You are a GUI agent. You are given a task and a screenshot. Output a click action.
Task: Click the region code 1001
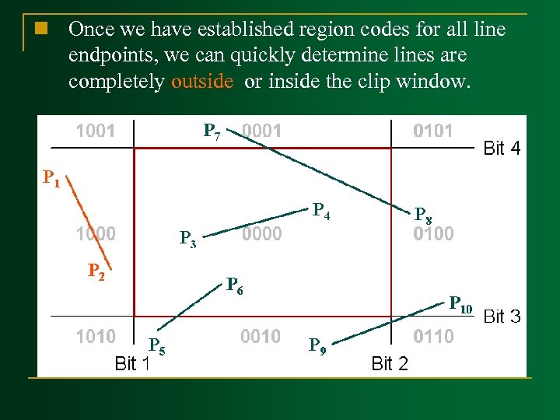click(95, 131)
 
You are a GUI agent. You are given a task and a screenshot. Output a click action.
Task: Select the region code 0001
click(261, 131)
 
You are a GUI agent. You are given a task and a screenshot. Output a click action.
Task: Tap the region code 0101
click(432, 131)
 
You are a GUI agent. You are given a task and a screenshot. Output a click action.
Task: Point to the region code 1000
click(95, 233)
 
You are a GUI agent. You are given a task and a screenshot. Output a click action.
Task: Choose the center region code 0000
click(261, 233)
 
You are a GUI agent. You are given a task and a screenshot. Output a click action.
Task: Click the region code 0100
click(433, 233)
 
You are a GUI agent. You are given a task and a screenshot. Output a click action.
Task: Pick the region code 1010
click(95, 336)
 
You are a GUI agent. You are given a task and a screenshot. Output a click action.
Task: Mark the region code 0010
click(261, 336)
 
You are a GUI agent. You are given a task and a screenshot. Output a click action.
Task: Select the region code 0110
click(433, 336)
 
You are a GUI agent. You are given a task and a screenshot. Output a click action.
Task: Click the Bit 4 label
click(502, 148)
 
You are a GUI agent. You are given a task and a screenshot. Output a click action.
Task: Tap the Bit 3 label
click(502, 316)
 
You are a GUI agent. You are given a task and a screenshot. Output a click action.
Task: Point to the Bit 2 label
click(390, 362)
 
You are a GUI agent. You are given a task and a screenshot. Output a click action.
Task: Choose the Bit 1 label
click(131, 362)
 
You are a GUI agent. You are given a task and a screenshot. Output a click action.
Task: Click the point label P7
click(212, 131)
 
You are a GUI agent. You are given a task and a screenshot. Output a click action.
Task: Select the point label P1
click(51, 180)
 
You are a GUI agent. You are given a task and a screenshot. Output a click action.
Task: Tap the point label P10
click(460, 304)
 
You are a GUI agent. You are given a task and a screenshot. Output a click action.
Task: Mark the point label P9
click(317, 345)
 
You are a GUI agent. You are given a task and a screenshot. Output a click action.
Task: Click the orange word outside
click(202, 82)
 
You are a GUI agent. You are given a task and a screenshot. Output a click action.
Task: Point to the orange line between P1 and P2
click(92, 222)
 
